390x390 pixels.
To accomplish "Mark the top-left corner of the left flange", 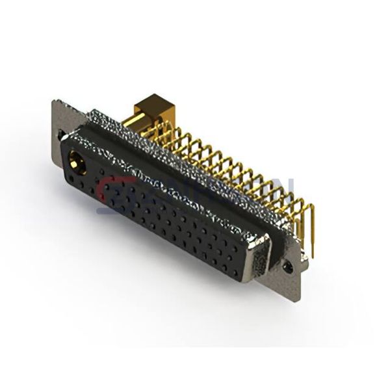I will click(53, 100).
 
